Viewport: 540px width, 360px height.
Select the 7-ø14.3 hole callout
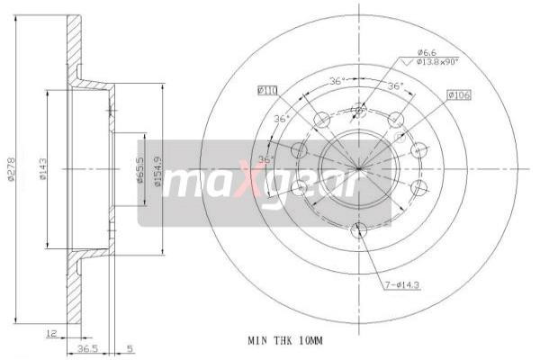(404, 287)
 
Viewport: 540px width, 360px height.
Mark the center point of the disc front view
(358, 168)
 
